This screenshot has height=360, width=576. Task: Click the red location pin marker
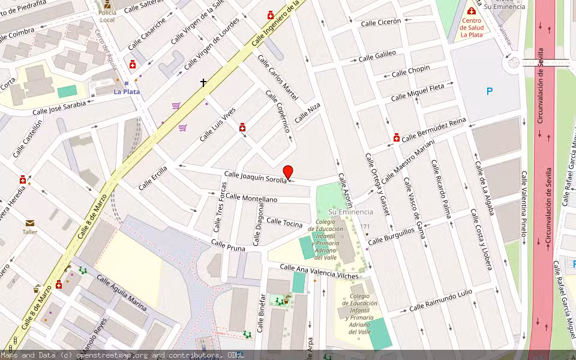coord(288,172)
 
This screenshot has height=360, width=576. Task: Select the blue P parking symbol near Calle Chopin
coord(489,91)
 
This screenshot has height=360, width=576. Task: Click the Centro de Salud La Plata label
coord(472,27)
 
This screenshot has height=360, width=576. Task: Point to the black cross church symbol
coord(203,82)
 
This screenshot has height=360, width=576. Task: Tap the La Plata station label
coord(127,92)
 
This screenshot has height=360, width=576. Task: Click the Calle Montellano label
coord(251,199)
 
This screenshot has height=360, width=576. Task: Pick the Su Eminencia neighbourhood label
coord(350,212)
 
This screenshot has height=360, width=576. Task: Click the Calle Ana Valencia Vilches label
coord(319,272)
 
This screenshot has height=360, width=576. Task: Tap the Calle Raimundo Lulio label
coord(440,300)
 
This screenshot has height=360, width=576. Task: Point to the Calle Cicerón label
coord(380,22)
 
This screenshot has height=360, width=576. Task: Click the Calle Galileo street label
coord(377,56)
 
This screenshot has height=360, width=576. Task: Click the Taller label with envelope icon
coord(30,231)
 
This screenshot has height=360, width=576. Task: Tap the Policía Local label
coord(107,16)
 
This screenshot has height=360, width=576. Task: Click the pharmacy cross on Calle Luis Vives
coord(242,127)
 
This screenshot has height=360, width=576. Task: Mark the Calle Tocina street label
coord(284,223)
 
